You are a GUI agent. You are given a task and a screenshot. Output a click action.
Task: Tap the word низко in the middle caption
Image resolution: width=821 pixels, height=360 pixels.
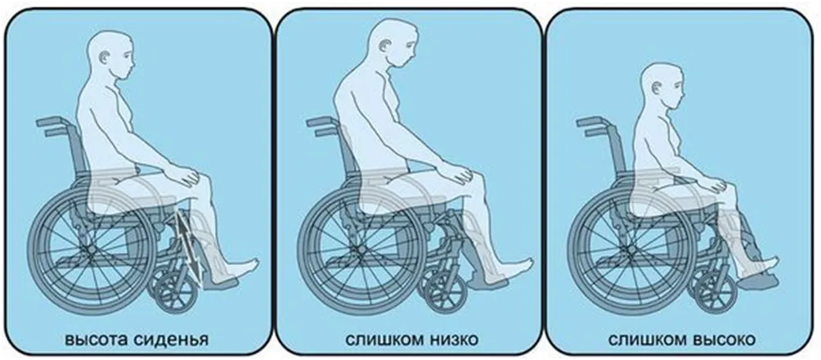coord(451,340)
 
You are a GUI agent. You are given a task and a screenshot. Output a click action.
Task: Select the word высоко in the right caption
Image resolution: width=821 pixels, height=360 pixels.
coord(725,340)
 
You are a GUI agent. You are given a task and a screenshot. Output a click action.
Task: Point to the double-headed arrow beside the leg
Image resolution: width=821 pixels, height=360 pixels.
coord(189,245)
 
